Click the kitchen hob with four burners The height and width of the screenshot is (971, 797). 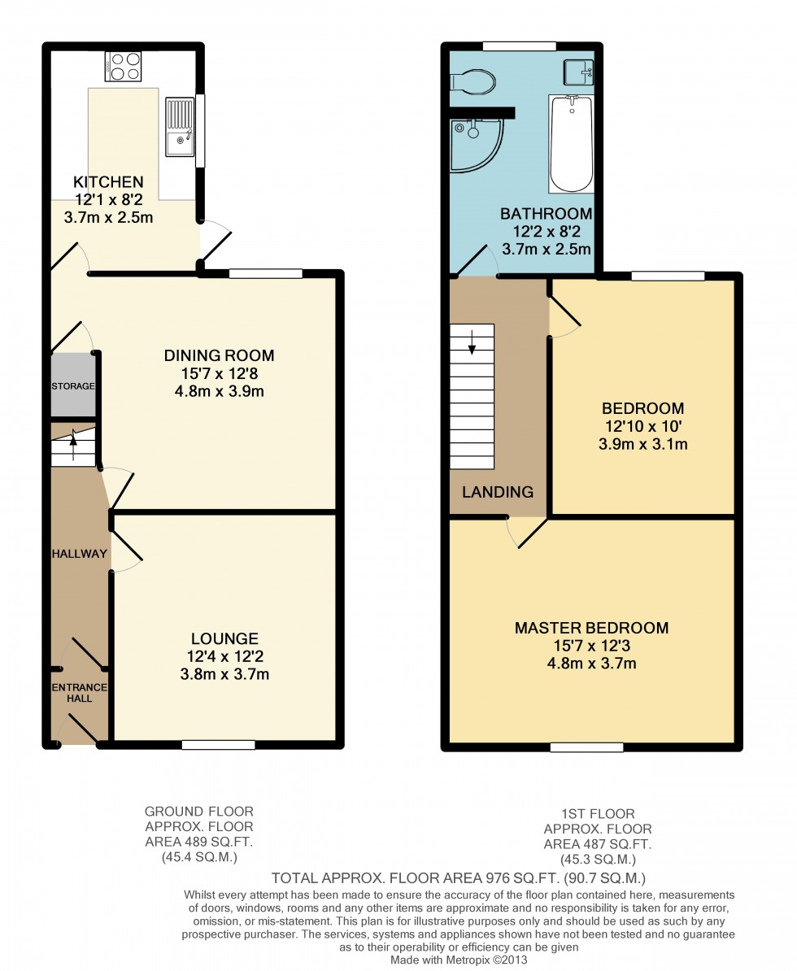pos(124,66)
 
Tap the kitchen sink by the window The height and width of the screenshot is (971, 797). pos(180,126)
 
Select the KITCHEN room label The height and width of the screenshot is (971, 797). pos(108,182)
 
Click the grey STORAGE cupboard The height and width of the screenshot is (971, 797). pos(73,386)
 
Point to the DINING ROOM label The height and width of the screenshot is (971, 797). pos(219,355)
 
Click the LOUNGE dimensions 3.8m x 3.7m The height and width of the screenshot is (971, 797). pos(225,674)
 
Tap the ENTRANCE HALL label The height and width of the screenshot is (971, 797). pos(80,693)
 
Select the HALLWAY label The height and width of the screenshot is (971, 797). pos(79,554)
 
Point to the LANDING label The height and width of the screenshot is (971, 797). pos(498,491)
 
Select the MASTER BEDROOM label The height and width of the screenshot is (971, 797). pos(591,628)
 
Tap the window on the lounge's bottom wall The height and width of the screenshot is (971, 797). pos(218,743)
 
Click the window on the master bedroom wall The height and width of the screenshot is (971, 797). pos(587,747)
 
